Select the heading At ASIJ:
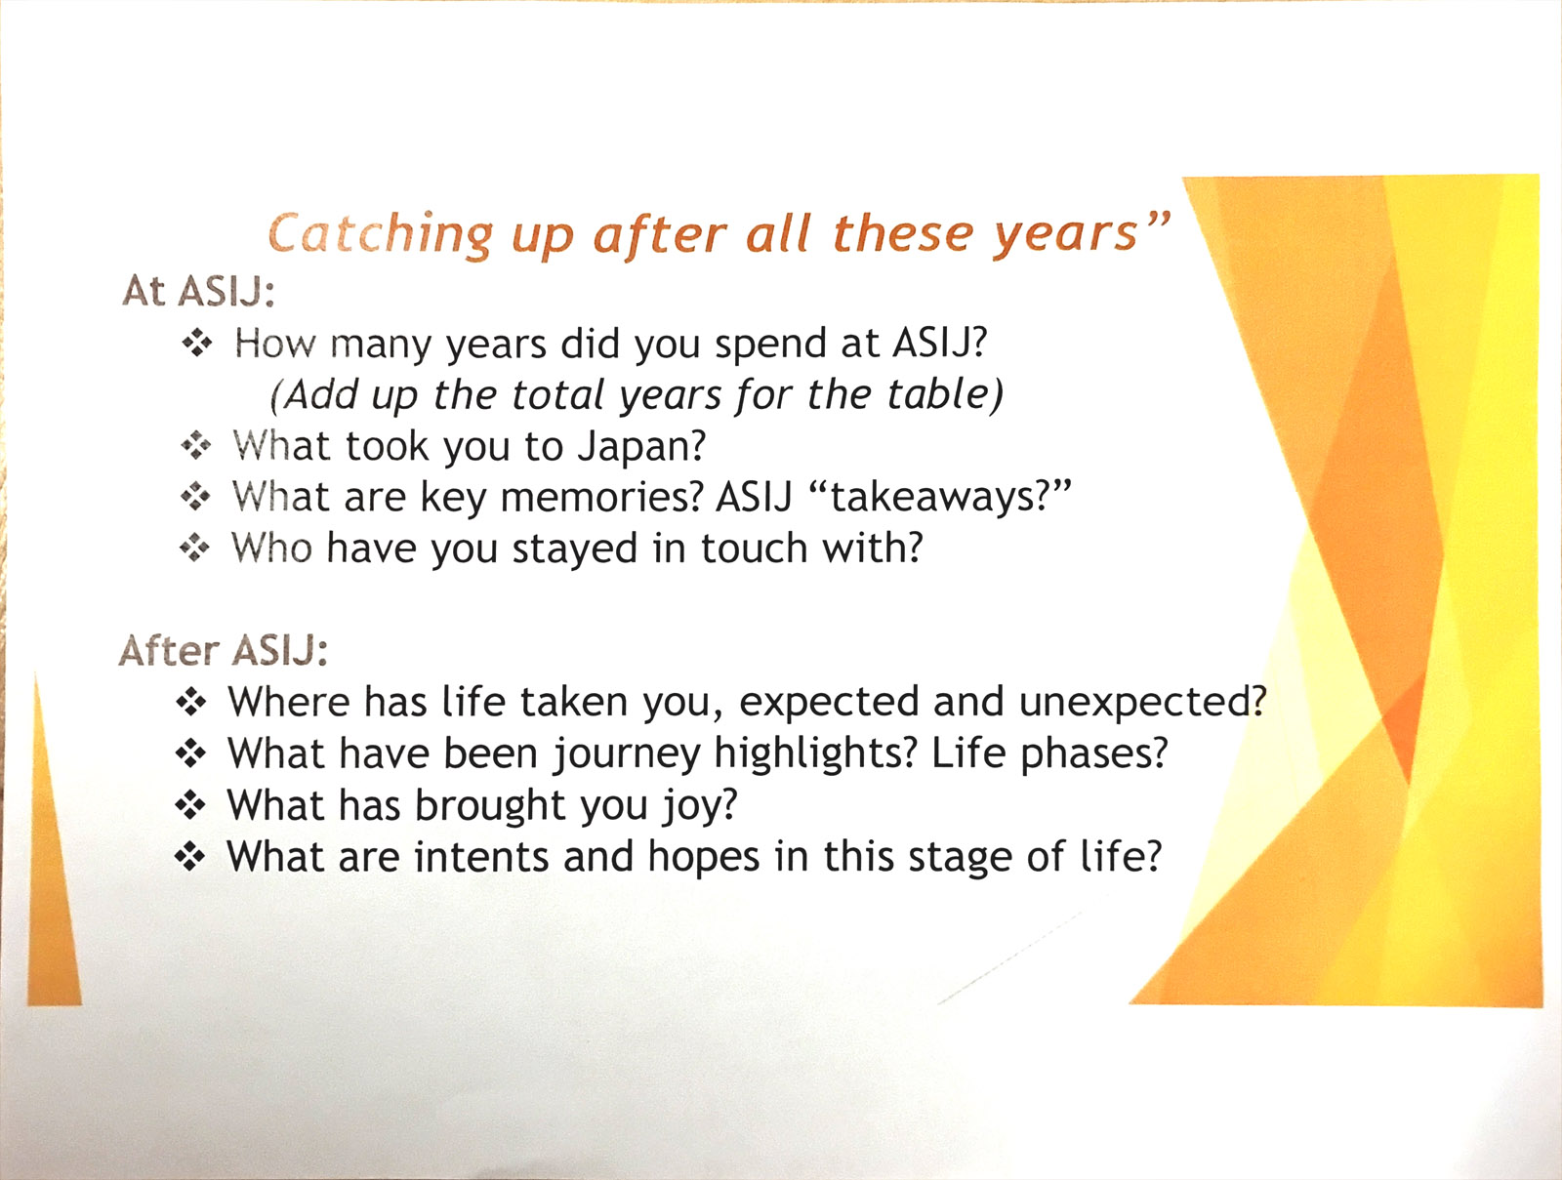click(x=198, y=292)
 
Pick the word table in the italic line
click(x=937, y=394)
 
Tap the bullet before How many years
click(x=197, y=344)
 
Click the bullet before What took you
click(x=195, y=447)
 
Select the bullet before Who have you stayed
click(x=194, y=549)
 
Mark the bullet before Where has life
click(x=190, y=703)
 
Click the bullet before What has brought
click(x=190, y=806)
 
